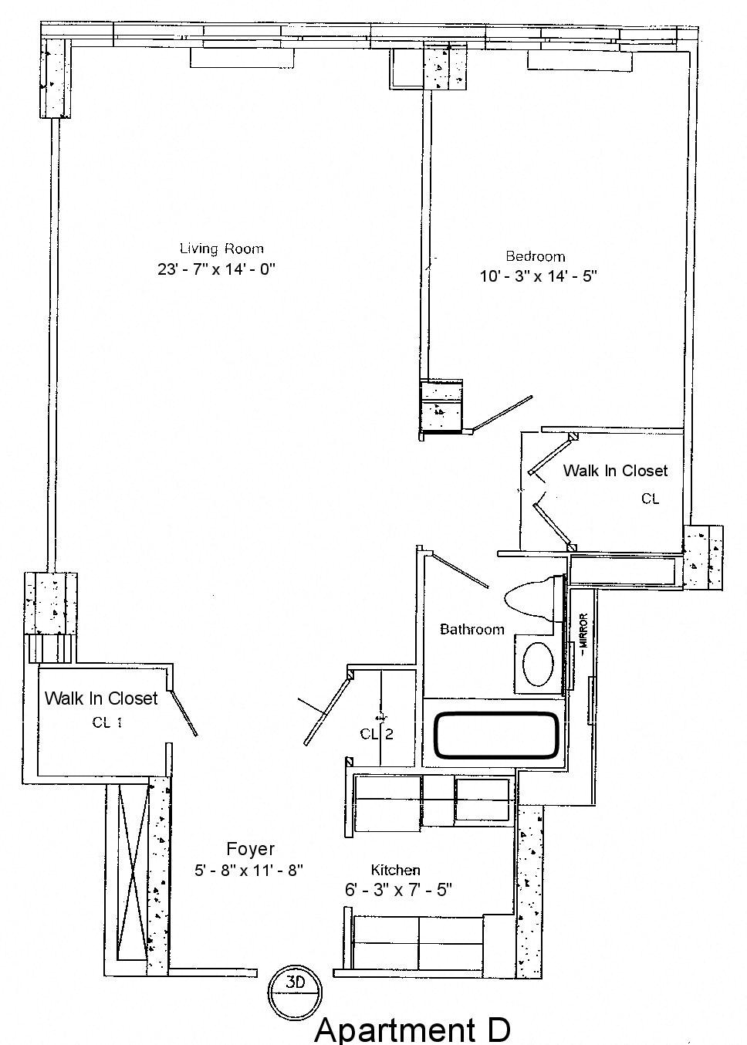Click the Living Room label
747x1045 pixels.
click(x=221, y=249)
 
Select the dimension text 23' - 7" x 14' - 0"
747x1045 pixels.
click(x=216, y=269)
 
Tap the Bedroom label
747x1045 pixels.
click(x=535, y=256)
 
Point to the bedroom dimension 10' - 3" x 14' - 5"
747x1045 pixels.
click(x=539, y=276)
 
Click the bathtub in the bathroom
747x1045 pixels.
click(x=497, y=734)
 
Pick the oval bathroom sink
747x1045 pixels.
click(x=538, y=661)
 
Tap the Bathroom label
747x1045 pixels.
click(x=472, y=630)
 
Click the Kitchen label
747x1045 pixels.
click(x=395, y=870)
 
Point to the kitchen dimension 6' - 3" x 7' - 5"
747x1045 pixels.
click(x=398, y=890)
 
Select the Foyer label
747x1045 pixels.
click(x=250, y=849)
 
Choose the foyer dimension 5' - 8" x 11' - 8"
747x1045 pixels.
click(x=248, y=870)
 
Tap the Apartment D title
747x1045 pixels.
click(x=412, y=1030)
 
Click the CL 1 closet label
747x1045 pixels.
click(x=106, y=722)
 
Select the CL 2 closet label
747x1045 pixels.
click(x=377, y=733)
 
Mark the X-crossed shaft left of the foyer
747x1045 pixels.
click(x=132, y=871)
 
